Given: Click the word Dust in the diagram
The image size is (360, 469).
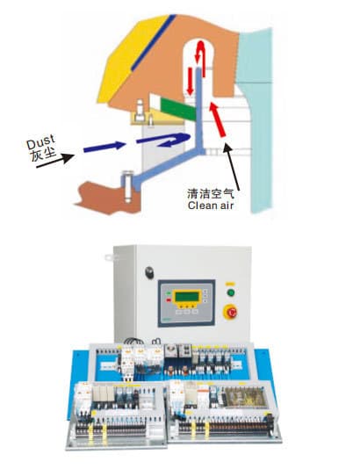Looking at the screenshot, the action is coord(40,141).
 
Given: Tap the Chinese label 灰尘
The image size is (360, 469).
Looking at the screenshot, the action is coord(44,154).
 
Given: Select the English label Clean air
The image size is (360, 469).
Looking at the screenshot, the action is coord(211,206).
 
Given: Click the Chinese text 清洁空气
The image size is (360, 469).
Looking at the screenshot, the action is coord(211,193).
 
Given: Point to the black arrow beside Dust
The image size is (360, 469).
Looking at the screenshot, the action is coord(55,161).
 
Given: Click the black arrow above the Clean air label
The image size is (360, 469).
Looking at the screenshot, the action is coord(232,166).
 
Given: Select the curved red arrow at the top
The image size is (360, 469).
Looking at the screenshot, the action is coord(200,57).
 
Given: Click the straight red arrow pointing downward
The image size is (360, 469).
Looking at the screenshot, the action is coord(191,81).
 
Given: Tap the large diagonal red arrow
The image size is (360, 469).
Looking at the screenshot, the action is coord(218,119).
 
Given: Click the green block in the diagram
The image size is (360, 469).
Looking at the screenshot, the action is coord(178,109).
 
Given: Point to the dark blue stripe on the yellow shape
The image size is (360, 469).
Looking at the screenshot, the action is coord(154,42).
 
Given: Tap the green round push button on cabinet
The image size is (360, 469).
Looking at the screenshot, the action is coord(231,292).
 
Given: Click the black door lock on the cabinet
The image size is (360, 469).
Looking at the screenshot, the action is coord(149,272).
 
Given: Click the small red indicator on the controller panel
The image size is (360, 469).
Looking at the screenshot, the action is coord(169,300).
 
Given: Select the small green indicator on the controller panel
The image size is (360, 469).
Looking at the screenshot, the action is coord(169,293).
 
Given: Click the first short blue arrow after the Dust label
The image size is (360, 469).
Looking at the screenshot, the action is coord(104,147).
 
